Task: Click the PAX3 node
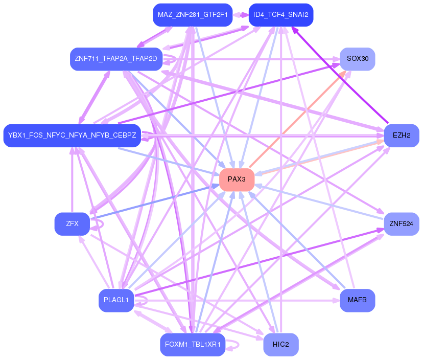237,179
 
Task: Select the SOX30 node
357,59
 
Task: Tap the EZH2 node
402,136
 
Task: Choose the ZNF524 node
402,224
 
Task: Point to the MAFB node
357,300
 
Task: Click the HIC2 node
280,345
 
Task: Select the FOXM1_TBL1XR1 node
193,345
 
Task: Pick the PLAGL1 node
116,300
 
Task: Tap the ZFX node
72,224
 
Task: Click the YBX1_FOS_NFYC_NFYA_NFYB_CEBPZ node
72,136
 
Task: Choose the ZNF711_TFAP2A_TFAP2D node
116,59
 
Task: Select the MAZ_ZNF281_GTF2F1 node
193,15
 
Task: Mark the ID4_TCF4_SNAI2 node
280,15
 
